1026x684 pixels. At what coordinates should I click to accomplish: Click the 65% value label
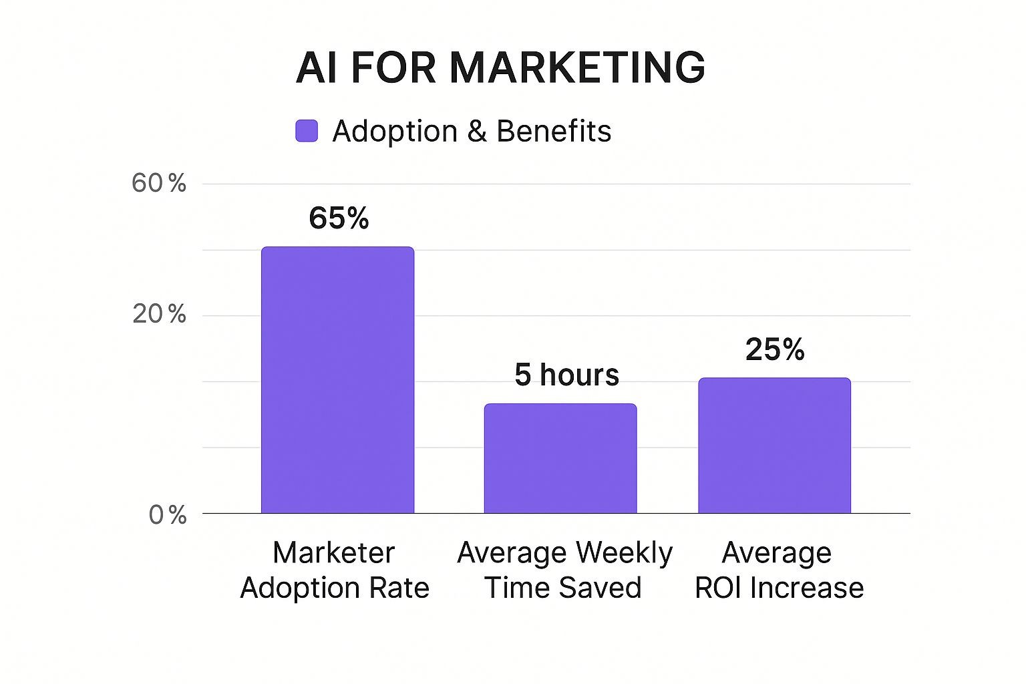coord(339,218)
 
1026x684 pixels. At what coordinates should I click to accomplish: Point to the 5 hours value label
coord(566,375)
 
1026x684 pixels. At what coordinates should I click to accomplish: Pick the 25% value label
coord(775,349)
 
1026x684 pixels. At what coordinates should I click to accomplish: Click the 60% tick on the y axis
coord(159,183)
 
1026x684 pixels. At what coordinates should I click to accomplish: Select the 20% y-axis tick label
coord(159,314)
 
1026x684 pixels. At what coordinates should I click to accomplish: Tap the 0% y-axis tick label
coord(167,514)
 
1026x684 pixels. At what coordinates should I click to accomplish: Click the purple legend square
coord(307,131)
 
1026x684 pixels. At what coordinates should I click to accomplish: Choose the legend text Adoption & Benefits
coord(472,131)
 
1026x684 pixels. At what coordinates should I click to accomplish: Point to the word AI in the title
coord(315,67)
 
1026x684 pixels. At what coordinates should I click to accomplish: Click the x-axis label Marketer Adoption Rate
coord(334,570)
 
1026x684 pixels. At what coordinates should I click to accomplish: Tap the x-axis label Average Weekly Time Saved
coord(564,570)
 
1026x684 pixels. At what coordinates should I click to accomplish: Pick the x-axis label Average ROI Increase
coord(778,570)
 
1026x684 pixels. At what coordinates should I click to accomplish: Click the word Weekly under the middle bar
coord(624,553)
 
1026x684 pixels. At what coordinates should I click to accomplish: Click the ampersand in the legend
coord(477,132)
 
